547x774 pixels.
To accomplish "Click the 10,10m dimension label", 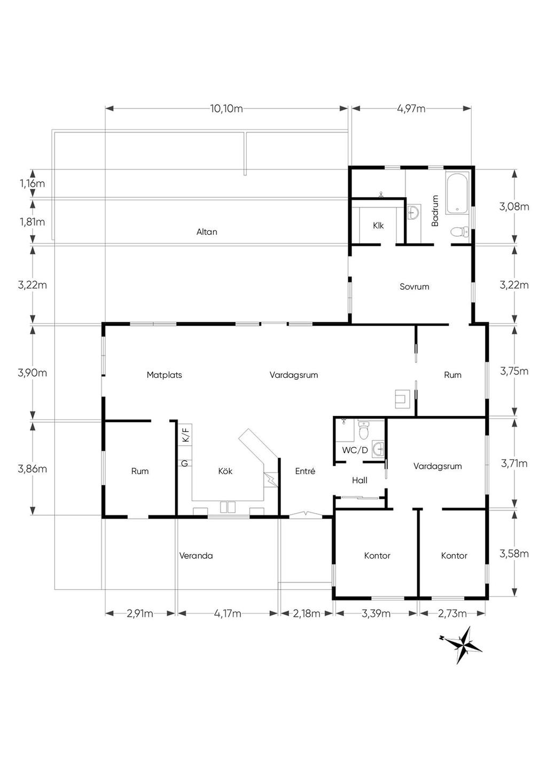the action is point(226,109).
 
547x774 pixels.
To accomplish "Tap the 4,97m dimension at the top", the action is point(411,109).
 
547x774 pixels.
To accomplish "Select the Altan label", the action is point(207,232).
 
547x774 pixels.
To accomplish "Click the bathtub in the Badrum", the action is point(457,192).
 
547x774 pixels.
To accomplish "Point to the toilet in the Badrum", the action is point(459,231).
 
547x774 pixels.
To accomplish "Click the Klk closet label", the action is point(378,226).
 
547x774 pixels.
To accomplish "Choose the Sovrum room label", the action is point(414,287).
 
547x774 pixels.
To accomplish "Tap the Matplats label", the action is point(164,375).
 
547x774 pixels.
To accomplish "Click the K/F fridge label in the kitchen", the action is point(185,435).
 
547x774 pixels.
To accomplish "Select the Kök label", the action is point(225,471).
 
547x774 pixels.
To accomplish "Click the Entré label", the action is point(305,471).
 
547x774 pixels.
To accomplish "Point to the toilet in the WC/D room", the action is point(363,430).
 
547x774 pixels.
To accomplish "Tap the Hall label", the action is point(360,480).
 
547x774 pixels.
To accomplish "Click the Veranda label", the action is point(196,555).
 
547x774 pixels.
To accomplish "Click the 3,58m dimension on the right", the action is point(514,554).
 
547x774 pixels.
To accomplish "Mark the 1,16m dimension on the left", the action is point(32,183).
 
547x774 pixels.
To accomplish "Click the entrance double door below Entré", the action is point(305,515).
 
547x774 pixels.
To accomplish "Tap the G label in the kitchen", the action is point(185,463).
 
